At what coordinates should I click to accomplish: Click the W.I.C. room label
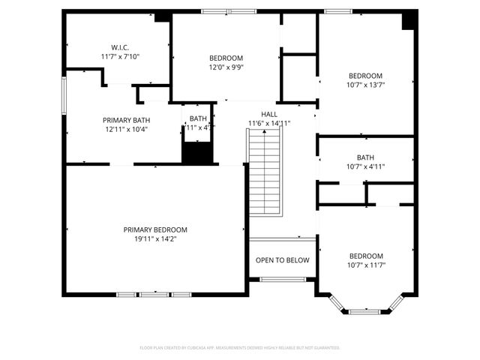tap(120, 47)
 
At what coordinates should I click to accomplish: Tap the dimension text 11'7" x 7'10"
tap(120, 56)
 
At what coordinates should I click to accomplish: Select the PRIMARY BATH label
tap(125, 119)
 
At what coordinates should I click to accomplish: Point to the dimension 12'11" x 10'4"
tap(125, 129)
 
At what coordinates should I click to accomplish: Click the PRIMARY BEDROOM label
tap(155, 229)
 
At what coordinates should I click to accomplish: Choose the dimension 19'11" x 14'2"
tap(155, 239)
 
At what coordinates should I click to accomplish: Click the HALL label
tap(268, 114)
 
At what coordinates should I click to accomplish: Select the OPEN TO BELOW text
tap(282, 260)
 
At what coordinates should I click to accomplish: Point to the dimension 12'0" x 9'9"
tap(226, 67)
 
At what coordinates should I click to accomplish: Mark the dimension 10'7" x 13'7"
tap(365, 85)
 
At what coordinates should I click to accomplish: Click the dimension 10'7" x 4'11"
tap(365, 166)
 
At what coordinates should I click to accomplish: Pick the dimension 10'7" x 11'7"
tap(365, 265)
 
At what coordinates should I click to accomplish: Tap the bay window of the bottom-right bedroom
tap(365, 307)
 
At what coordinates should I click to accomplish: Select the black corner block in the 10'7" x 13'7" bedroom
tap(408, 21)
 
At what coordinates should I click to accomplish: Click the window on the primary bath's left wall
tap(64, 96)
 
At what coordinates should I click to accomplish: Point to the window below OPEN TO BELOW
tap(282, 280)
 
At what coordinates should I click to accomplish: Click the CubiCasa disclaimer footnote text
tap(240, 348)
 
